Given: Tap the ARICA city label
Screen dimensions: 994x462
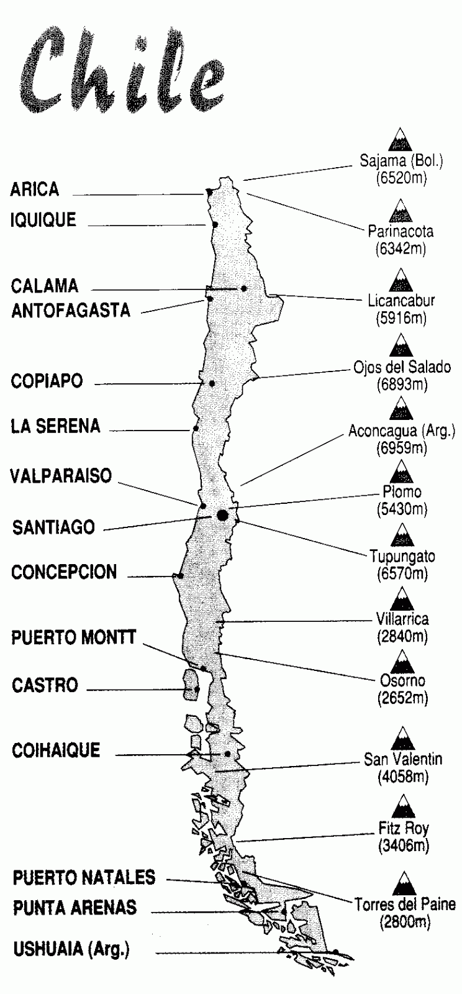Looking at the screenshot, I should pyautogui.click(x=35, y=189).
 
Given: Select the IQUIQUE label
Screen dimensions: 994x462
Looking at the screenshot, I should pyautogui.click(x=43, y=220).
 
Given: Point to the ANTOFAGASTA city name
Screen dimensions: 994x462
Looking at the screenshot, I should pyautogui.click(x=71, y=311).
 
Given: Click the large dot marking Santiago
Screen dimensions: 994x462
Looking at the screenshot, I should pyautogui.click(x=222, y=514).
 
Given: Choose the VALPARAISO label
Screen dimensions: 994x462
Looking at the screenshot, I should pyautogui.click(x=61, y=476).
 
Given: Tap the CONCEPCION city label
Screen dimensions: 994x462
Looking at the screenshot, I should pyautogui.click(x=64, y=572).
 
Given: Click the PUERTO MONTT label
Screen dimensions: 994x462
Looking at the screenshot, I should pyautogui.click(x=73, y=638).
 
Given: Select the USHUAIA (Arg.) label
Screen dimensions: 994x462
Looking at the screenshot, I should pyautogui.click(x=71, y=949).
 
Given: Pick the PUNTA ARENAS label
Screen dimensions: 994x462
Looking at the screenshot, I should pyautogui.click(x=75, y=908).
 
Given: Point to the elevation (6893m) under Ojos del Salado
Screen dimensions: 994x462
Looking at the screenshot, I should pyautogui.click(x=402, y=385).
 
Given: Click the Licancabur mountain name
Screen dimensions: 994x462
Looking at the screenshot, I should pyautogui.click(x=401, y=301).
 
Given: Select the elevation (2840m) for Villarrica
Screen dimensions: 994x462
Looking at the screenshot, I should pyautogui.click(x=402, y=636).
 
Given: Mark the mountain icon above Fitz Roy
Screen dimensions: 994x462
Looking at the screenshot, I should pyautogui.click(x=402, y=806).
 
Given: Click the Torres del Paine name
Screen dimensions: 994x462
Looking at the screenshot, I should pyautogui.click(x=405, y=905).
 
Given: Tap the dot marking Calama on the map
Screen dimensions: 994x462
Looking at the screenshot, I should pyautogui.click(x=244, y=288).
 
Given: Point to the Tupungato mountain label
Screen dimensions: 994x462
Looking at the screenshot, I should pyautogui.click(x=402, y=556).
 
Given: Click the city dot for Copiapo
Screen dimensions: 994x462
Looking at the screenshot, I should pyautogui.click(x=212, y=383).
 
